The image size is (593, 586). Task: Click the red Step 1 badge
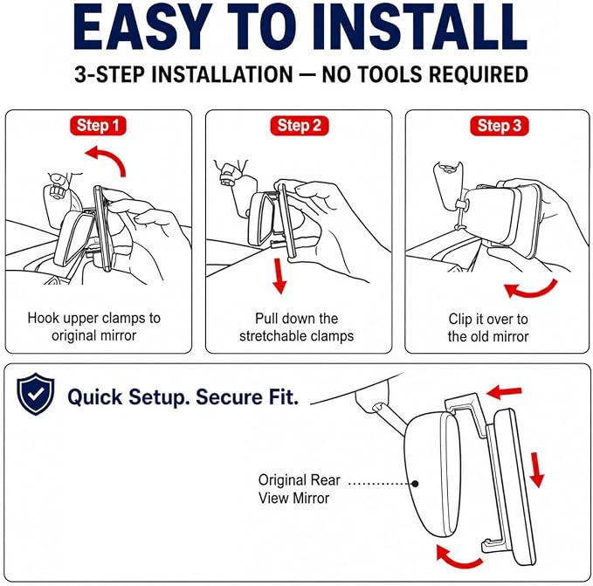(x=98, y=126)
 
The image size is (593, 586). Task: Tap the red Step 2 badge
(x=300, y=126)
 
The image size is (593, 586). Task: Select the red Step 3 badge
(x=500, y=126)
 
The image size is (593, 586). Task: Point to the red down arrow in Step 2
(x=279, y=276)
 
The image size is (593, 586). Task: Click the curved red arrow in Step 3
(x=533, y=290)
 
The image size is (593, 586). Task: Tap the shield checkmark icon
(x=36, y=394)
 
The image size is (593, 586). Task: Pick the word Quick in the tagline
(x=95, y=397)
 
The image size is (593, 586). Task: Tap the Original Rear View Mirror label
(x=300, y=489)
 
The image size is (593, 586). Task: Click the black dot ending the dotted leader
(x=415, y=484)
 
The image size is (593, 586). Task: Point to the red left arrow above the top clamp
(x=505, y=392)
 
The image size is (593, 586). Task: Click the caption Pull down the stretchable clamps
(x=297, y=327)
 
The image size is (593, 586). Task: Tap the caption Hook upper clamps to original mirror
(x=94, y=327)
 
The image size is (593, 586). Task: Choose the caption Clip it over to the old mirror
(x=488, y=327)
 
